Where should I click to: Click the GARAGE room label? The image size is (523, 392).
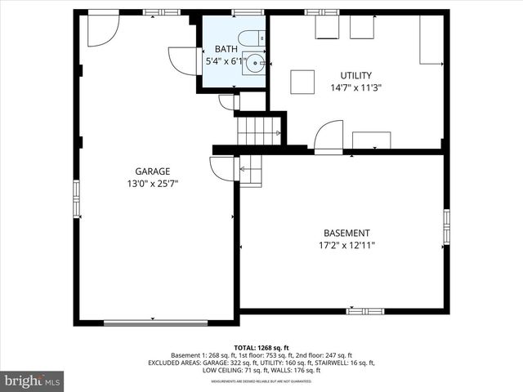click(x=153, y=171)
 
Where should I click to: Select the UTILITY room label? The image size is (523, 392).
click(x=356, y=74)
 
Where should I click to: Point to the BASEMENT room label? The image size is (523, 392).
click(x=346, y=233)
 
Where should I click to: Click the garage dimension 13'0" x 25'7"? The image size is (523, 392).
click(x=153, y=184)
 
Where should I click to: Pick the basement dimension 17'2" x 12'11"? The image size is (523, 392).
click(x=346, y=245)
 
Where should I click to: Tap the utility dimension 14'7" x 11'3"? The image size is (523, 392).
click(x=356, y=87)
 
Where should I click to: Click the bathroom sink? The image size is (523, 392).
click(x=256, y=61)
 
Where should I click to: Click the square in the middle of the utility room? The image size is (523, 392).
click(x=302, y=82)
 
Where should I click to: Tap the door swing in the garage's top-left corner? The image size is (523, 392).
click(x=102, y=29)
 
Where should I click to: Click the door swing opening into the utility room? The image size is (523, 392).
click(x=329, y=136)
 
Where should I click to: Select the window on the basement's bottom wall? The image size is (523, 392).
click(x=365, y=311)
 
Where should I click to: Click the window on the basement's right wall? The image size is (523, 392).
click(x=446, y=226)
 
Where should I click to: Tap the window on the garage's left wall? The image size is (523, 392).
click(x=77, y=196)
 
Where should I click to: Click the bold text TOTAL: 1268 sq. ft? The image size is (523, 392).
click(x=261, y=347)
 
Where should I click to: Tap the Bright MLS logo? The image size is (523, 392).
click(x=33, y=380)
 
